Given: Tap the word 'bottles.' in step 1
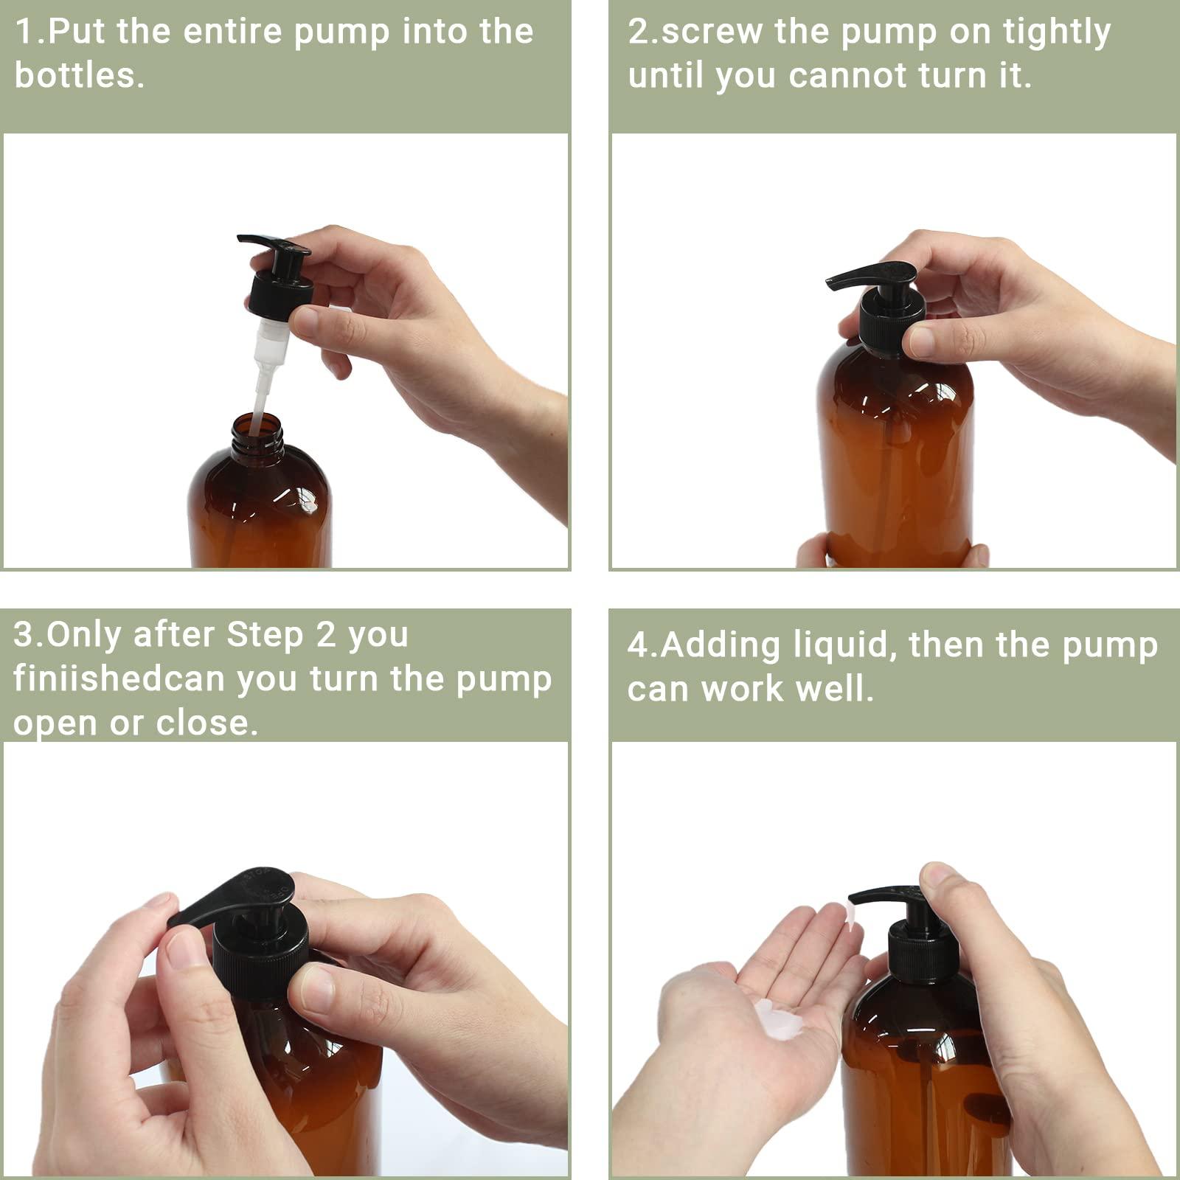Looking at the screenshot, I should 79,76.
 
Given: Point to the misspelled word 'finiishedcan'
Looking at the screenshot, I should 119,679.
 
